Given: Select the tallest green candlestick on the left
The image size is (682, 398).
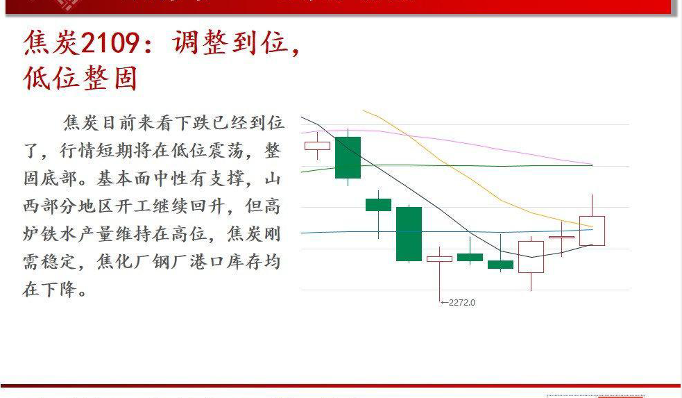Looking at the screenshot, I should coord(348,158).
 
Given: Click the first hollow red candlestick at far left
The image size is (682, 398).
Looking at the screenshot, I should coord(317,145).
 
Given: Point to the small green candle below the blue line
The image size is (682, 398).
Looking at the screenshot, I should coord(500,264).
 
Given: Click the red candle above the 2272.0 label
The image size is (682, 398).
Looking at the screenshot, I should coord(439,259).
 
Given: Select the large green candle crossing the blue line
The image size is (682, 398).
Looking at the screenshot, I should coord(409,233).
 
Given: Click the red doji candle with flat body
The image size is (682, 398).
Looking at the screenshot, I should coord(561,238).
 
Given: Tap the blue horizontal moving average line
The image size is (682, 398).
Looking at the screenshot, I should coord(333,232).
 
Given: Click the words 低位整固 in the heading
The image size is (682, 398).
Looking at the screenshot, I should coord(80,78).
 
